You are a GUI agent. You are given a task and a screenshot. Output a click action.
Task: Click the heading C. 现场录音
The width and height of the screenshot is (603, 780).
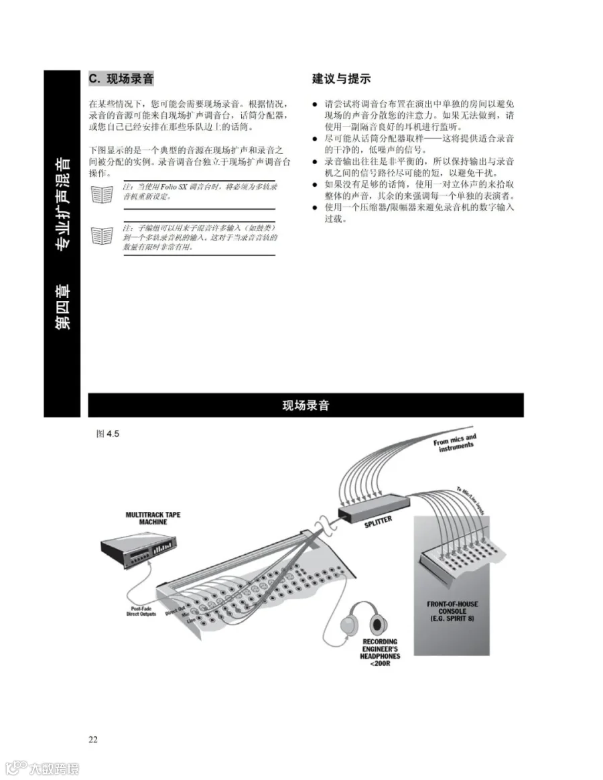coord(121,79)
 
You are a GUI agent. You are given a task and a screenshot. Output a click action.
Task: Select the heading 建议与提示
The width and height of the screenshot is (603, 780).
coord(341,79)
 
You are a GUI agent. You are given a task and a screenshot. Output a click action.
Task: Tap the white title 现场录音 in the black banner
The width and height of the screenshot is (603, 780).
coord(306,405)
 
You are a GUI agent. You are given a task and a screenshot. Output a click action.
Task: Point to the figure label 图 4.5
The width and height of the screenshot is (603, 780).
coord(107,434)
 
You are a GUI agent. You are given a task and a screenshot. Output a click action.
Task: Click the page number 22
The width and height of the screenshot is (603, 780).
coord(93,740)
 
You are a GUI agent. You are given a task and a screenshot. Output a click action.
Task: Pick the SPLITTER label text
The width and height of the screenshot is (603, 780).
coord(379,523)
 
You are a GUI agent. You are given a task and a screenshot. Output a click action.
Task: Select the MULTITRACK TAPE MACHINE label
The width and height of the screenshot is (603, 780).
coord(153,518)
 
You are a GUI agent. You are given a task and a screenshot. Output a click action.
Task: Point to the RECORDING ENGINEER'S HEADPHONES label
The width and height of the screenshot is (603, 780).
coord(381,653)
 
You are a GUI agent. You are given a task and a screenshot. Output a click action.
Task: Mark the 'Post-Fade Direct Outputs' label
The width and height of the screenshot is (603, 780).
coord(141,611)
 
